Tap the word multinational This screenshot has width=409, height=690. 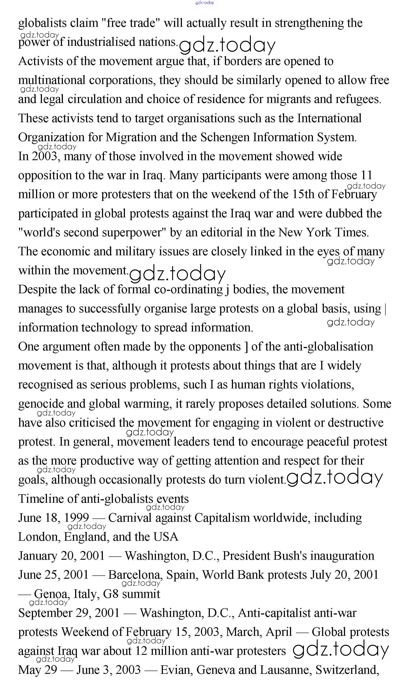[x=52, y=80]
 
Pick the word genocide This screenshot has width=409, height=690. [x=41, y=404]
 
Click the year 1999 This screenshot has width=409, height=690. [x=76, y=518]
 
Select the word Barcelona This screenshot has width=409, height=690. [x=134, y=575]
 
